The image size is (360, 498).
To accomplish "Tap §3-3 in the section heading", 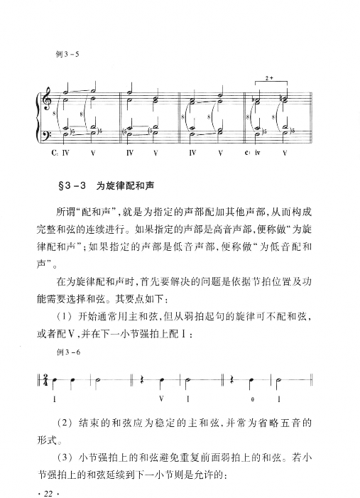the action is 72,186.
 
